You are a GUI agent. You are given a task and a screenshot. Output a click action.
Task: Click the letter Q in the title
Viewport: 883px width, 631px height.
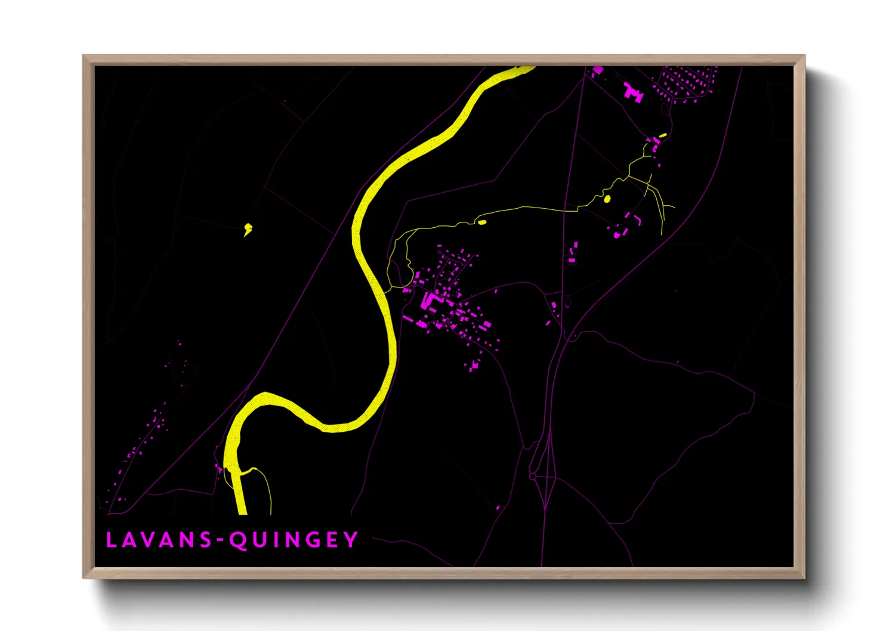[x=239, y=540]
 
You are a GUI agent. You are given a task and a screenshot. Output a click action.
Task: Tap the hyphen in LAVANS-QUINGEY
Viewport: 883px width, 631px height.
[x=220, y=540]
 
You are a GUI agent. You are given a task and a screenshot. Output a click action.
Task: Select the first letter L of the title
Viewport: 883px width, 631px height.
[x=111, y=540]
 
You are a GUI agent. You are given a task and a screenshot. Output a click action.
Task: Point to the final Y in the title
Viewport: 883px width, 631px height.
[x=351, y=540]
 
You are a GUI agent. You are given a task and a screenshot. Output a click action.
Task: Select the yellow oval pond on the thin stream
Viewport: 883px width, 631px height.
[x=481, y=222]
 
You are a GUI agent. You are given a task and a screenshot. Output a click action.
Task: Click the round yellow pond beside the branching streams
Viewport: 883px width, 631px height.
[x=607, y=199]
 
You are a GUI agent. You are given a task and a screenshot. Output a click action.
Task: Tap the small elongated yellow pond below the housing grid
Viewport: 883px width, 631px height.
[x=663, y=136]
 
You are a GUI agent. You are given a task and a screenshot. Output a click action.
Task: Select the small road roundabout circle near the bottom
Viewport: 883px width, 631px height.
[x=532, y=477]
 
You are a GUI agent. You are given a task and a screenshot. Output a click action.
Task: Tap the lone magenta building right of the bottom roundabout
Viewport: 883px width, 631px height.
[x=498, y=508]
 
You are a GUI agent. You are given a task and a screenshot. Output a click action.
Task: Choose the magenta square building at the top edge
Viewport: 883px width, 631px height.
[x=598, y=70]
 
